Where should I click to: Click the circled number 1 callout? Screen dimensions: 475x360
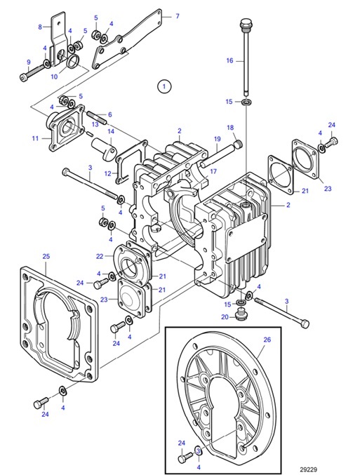point(164,86)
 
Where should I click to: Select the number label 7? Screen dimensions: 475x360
point(177,15)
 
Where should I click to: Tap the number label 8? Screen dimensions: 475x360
point(40,27)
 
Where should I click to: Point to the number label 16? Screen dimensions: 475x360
point(229,61)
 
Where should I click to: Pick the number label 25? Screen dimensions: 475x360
point(46,257)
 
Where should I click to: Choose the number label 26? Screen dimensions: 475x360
point(266,340)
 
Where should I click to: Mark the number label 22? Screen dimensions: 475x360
point(99,256)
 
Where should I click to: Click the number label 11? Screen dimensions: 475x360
point(36,139)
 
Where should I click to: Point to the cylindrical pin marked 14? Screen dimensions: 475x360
point(106,150)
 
